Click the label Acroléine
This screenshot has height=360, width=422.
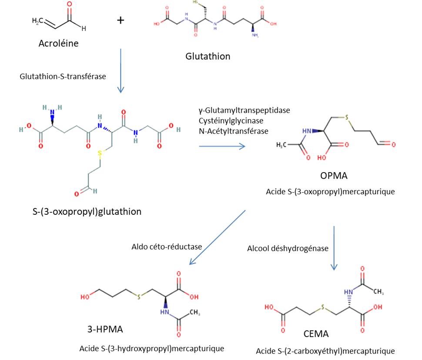point(58,43)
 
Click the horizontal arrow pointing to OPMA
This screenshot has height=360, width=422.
point(222,146)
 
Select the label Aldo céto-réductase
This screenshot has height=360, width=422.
point(167,247)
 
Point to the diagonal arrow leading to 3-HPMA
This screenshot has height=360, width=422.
point(218,237)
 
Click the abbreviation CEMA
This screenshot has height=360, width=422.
point(316,334)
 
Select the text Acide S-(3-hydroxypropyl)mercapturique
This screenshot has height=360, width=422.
point(152,348)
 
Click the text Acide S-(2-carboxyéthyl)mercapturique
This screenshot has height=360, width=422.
point(325,351)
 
